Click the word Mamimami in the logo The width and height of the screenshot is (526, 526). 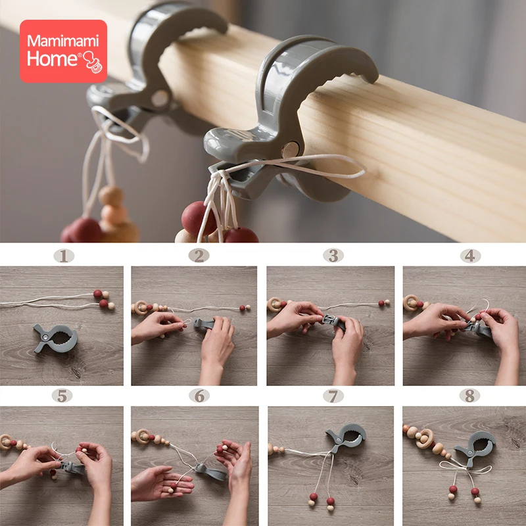[63, 41]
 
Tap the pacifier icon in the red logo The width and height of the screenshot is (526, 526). [93, 62]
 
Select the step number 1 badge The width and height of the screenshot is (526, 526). [64, 256]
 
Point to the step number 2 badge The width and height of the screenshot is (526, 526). [199, 256]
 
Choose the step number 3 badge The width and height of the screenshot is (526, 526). [333, 255]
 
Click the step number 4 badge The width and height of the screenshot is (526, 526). [470, 256]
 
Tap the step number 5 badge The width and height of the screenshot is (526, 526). [62, 396]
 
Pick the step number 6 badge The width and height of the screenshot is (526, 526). [199, 396]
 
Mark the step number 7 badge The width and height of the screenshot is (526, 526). [333, 396]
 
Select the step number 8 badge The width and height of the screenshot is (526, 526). [469, 396]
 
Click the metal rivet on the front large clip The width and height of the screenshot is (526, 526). [290, 150]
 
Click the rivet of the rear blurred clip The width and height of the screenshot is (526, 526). [160, 98]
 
